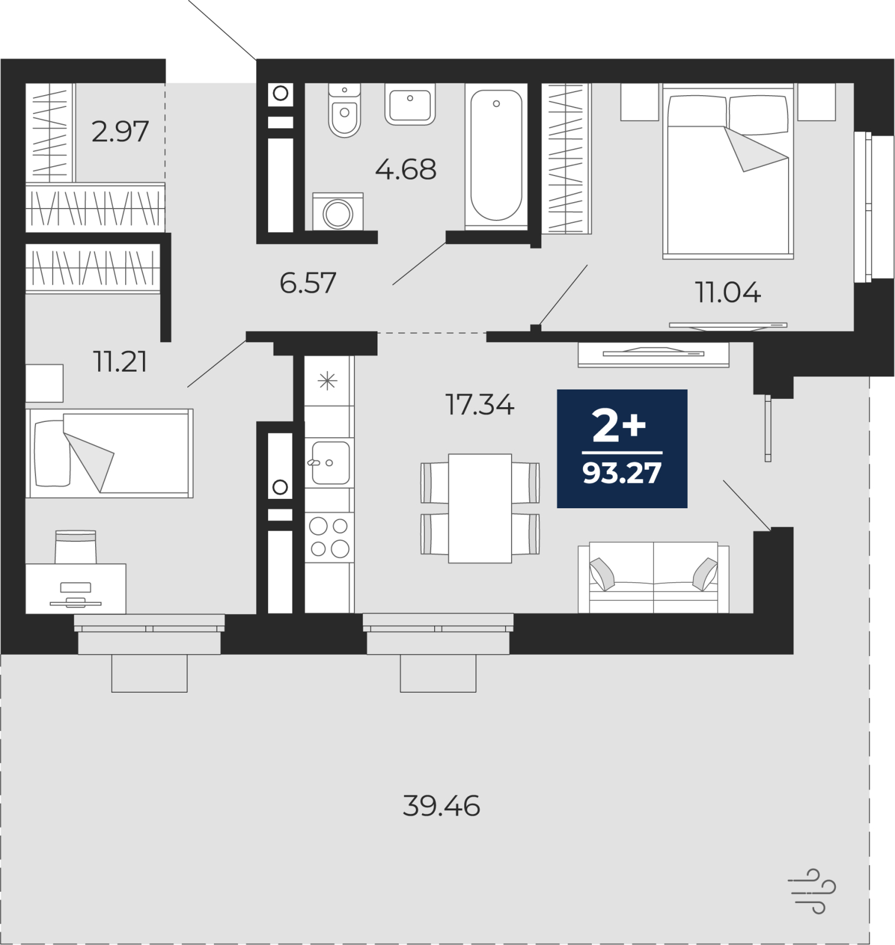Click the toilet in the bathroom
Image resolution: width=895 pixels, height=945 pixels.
pyautogui.click(x=344, y=111)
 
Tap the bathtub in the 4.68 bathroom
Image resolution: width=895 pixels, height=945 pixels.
pyautogui.click(x=496, y=156)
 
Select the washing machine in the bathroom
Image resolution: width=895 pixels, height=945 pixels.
pyautogui.click(x=338, y=212)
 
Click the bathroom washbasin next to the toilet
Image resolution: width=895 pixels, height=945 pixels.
pyautogui.click(x=410, y=104)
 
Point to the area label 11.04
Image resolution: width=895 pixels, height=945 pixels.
pyautogui.click(x=728, y=293)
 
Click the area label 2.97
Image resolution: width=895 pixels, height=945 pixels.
pyautogui.click(x=120, y=131)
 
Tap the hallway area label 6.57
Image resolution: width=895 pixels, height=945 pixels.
pyautogui.click(x=308, y=283)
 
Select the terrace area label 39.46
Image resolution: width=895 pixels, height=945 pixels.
pyautogui.click(x=441, y=806)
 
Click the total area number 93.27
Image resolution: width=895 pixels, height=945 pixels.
pyautogui.click(x=622, y=473)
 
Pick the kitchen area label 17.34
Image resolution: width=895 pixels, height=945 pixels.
pyautogui.click(x=480, y=405)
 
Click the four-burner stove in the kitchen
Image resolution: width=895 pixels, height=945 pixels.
pyautogui.click(x=330, y=537)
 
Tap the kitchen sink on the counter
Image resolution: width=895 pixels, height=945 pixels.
pyautogui.click(x=330, y=463)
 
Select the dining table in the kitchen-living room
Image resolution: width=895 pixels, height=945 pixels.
pyautogui.click(x=480, y=508)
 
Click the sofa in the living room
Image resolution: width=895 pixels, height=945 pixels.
pyautogui.click(x=653, y=577)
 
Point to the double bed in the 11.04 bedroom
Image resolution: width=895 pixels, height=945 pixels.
pyautogui.click(x=728, y=171)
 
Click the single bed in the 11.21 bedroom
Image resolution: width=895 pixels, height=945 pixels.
pyautogui.click(x=109, y=453)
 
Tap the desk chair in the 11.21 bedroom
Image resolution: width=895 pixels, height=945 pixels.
pyautogui.click(x=76, y=547)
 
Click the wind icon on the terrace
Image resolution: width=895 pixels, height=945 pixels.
pyautogui.click(x=812, y=891)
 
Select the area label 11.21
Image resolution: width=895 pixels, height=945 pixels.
pyautogui.click(x=120, y=362)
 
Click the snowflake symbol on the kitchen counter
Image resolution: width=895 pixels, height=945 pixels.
pyautogui.click(x=327, y=381)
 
